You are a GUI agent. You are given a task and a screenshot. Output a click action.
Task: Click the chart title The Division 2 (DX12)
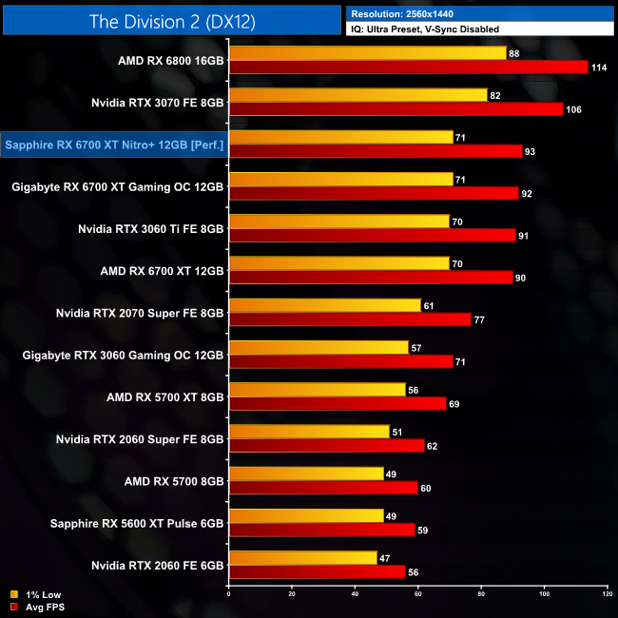(171, 21)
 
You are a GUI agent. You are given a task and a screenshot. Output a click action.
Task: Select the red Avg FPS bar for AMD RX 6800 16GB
(409, 67)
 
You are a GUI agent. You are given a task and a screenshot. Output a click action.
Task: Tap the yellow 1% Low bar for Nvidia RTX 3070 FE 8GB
(357, 95)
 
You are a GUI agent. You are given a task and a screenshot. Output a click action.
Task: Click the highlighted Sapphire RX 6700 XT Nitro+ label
(114, 145)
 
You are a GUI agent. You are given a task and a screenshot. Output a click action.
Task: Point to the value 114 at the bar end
(599, 67)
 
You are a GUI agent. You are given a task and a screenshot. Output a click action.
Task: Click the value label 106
(573, 109)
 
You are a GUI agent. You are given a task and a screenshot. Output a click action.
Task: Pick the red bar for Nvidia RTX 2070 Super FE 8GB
(350, 319)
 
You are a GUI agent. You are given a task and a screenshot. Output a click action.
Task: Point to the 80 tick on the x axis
(481, 594)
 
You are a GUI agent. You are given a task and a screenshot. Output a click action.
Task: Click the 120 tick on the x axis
(607, 594)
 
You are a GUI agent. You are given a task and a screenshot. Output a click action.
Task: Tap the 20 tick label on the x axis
(292, 594)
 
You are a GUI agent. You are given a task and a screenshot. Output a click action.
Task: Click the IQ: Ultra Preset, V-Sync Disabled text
(423, 29)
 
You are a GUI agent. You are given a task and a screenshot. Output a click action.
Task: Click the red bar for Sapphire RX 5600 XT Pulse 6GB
(321, 531)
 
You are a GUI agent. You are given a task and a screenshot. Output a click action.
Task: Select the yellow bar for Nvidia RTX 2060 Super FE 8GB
(309, 432)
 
